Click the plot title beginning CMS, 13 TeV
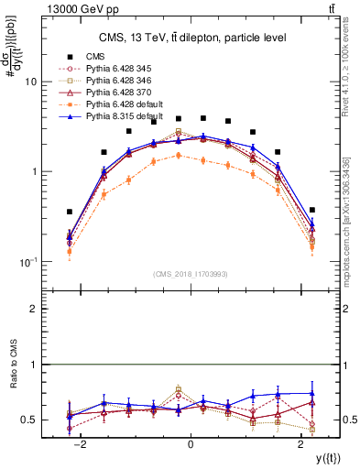(x=190, y=38)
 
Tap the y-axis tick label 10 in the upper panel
(x=29, y=82)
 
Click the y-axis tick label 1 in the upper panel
(x=32, y=171)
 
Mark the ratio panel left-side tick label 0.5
(x=28, y=420)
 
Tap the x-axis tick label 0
(x=191, y=444)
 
